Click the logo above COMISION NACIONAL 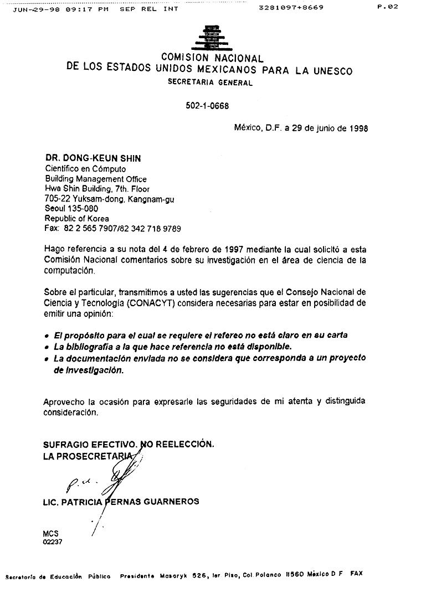(x=211, y=38)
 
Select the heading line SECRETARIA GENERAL (x=210, y=83)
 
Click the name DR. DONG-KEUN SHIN (x=93, y=158)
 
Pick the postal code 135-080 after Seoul (x=83, y=208)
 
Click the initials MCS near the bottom (x=50, y=533)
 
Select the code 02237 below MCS (x=52, y=542)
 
